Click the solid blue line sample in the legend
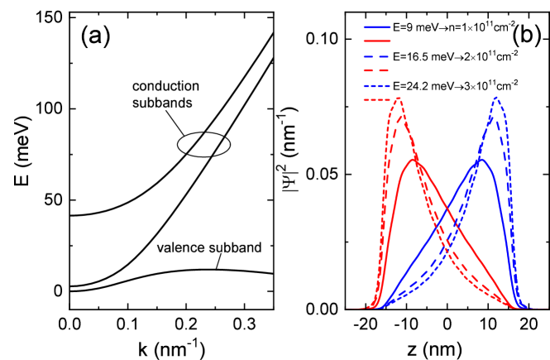click(x=377, y=27)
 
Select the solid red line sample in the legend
click(x=377, y=40)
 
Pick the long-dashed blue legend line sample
click(x=377, y=56)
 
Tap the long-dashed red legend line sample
click(x=377, y=71)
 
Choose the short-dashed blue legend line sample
click(x=377, y=86)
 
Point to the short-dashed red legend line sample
click(x=377, y=100)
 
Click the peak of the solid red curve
click(x=414, y=159)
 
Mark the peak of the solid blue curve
click(x=481, y=159)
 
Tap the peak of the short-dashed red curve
click(x=398, y=98)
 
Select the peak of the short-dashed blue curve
click(x=496, y=98)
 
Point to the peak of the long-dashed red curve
click(x=402, y=115)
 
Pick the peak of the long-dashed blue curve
click(x=493, y=116)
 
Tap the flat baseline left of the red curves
click(x=357, y=309)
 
